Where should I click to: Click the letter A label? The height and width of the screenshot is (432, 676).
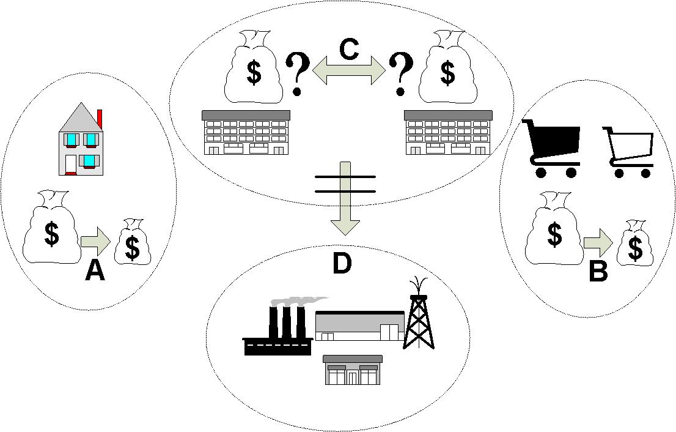[x=95, y=269]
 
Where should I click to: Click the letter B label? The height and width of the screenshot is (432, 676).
[x=598, y=270]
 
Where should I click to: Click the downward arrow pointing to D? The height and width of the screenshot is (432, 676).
[x=345, y=202]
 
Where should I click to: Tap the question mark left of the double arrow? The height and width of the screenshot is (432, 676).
[x=298, y=73]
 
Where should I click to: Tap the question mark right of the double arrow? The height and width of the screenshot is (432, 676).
[x=401, y=73]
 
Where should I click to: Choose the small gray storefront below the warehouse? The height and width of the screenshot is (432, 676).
[x=352, y=370]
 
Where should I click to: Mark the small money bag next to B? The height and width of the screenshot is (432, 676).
[x=635, y=243]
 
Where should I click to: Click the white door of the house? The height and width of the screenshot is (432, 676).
[x=71, y=164]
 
